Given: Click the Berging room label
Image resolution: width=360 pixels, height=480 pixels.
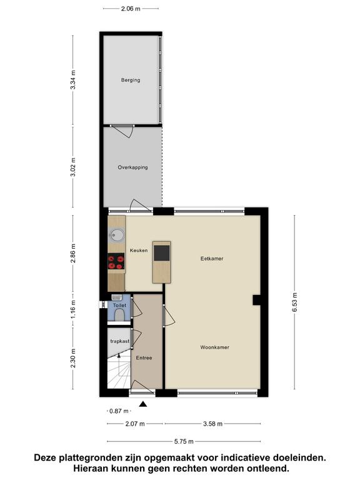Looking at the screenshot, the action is (x=131, y=80).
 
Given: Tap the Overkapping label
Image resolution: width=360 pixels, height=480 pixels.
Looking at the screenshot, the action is (x=133, y=167).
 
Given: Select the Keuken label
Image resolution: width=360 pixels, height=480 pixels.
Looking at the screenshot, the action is (x=139, y=251).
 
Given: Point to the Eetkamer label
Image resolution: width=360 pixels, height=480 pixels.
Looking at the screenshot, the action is (x=212, y=259).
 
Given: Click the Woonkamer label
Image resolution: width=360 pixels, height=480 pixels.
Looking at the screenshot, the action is (x=214, y=347).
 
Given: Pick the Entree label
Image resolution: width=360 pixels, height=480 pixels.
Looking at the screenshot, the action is (x=144, y=357).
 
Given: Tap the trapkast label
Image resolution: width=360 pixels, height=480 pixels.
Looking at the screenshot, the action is (x=120, y=341).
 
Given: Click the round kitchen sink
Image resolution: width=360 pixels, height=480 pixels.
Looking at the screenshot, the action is (x=117, y=235).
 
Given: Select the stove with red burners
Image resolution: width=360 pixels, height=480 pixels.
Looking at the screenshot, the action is (x=116, y=261).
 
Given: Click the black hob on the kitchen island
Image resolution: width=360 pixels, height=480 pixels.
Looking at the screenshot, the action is (x=161, y=253).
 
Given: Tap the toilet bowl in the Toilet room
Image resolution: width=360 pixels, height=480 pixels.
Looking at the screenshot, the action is (x=119, y=315).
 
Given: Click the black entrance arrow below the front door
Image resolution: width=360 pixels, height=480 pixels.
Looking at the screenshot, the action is (x=143, y=404).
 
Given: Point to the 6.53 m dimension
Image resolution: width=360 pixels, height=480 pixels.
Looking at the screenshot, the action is (x=294, y=302).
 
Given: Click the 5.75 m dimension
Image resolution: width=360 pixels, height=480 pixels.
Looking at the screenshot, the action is (x=184, y=441).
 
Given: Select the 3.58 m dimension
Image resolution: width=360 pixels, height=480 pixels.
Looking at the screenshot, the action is (x=212, y=424).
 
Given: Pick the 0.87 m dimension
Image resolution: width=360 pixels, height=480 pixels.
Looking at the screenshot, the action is (x=119, y=411).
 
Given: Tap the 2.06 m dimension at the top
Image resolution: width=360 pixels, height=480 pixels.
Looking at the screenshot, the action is (x=131, y=9).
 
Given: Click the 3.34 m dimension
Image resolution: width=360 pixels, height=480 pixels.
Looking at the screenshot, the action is (x=73, y=79).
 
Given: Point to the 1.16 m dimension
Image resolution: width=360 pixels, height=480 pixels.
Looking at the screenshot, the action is (x=73, y=309).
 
